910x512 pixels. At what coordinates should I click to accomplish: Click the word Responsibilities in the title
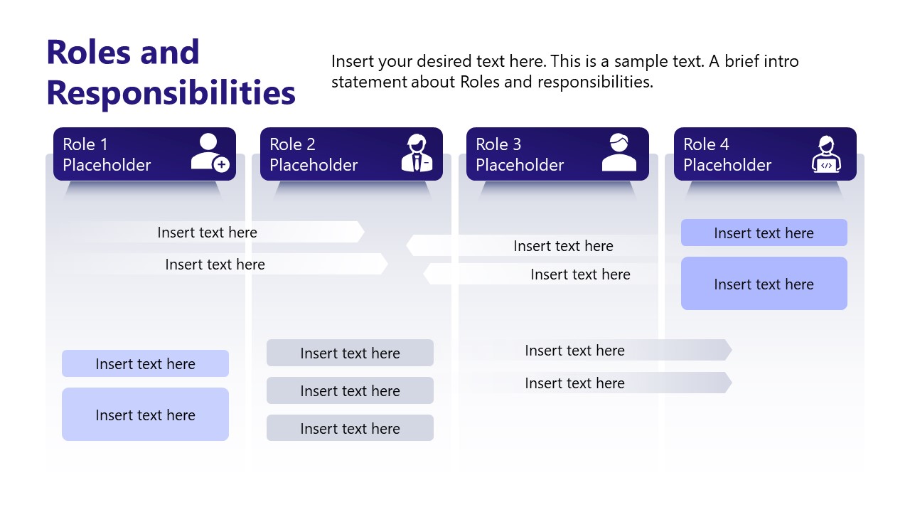point(171,92)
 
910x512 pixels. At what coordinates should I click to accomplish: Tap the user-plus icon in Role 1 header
point(210,153)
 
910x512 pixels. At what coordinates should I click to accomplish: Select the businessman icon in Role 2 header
point(417,153)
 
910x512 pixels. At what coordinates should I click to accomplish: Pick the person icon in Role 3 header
point(619,153)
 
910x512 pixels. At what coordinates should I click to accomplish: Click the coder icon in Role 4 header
point(826,154)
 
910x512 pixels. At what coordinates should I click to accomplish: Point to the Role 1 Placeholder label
point(107,154)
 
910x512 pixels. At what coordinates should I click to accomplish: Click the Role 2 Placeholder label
point(314,154)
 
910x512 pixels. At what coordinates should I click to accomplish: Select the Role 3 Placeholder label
point(520,154)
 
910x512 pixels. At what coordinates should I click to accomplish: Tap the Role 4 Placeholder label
point(727,154)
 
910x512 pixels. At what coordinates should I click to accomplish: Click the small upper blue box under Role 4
point(764,233)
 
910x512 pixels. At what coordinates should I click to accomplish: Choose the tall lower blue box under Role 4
point(764,284)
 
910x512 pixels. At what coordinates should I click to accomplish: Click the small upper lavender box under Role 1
point(145,363)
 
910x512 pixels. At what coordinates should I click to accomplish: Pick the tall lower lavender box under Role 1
point(145,415)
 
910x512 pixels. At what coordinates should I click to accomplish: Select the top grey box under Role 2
point(350,353)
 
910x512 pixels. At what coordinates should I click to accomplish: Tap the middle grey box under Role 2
point(350,390)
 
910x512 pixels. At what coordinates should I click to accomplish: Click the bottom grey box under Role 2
point(350,428)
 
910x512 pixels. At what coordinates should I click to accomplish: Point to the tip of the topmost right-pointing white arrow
point(363,232)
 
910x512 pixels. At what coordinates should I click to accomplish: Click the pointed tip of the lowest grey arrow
point(730,383)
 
